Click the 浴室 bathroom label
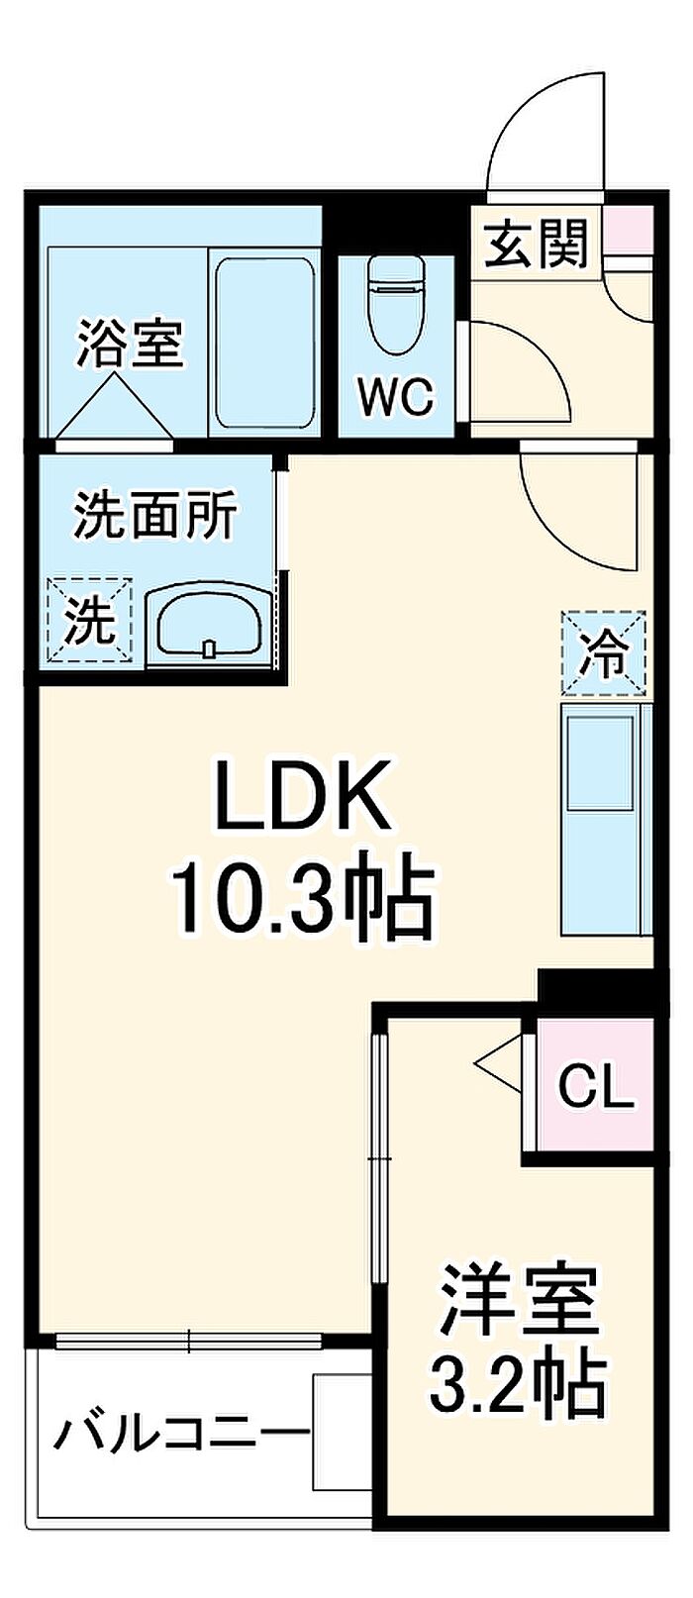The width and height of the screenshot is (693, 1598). (x=131, y=344)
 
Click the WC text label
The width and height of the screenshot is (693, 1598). (x=396, y=397)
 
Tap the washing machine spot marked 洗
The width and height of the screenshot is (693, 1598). (x=90, y=620)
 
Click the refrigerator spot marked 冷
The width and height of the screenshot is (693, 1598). (x=604, y=652)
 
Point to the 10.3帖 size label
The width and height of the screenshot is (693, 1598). (x=302, y=899)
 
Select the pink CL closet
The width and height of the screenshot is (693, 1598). (x=595, y=1087)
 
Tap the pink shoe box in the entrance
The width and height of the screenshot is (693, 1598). (x=628, y=231)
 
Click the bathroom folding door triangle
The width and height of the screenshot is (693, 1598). (x=112, y=408)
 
